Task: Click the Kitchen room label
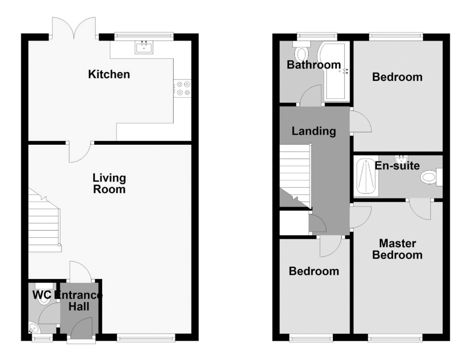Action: tap(109, 74)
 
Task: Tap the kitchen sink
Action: tap(144, 47)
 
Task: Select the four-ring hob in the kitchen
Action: tap(182, 88)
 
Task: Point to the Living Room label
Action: tap(110, 184)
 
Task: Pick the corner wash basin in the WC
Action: tap(33, 327)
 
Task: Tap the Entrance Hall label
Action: tap(78, 301)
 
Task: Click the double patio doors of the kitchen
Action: tap(74, 28)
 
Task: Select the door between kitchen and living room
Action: tap(80, 152)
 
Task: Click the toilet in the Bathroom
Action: tap(301, 52)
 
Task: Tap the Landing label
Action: tap(314, 131)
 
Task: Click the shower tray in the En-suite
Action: tap(366, 177)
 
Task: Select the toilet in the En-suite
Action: tap(431, 177)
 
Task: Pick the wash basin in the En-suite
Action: tap(401, 159)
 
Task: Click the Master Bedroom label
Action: tap(398, 249)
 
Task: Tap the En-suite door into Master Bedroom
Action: tap(420, 209)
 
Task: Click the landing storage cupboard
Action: tap(294, 223)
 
